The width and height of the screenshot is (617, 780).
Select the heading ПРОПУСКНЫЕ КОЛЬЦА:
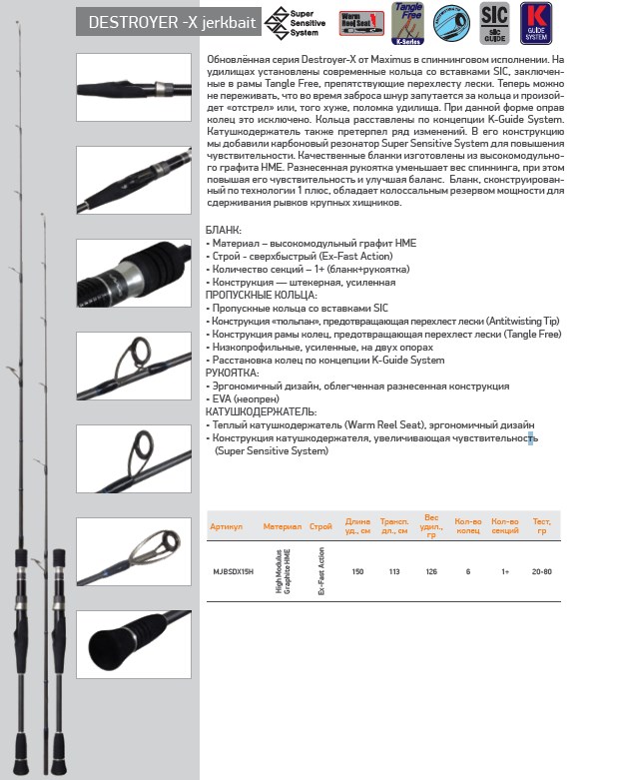(261, 296)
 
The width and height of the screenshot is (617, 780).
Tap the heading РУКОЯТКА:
(232, 373)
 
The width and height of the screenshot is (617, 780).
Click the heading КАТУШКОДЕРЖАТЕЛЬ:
(261, 411)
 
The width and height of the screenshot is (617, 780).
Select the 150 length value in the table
(357, 572)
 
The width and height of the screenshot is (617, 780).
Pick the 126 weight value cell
(431, 572)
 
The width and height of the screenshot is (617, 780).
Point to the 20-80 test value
(542, 572)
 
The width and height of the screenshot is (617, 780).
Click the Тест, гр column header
(541, 524)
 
